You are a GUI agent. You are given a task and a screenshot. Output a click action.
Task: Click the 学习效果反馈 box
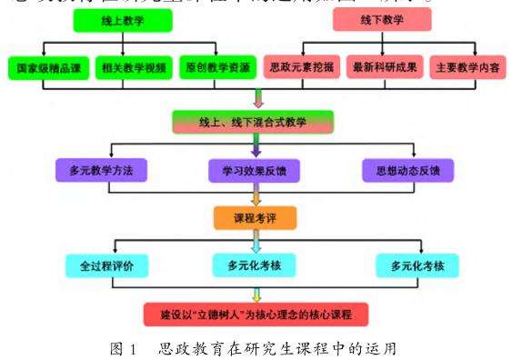point(252,170)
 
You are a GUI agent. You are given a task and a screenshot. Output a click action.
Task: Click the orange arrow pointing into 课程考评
point(256,198)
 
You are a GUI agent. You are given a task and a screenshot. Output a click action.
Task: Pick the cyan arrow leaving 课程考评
point(256,243)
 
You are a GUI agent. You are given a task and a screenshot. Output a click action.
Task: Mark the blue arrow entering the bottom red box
point(256,293)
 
